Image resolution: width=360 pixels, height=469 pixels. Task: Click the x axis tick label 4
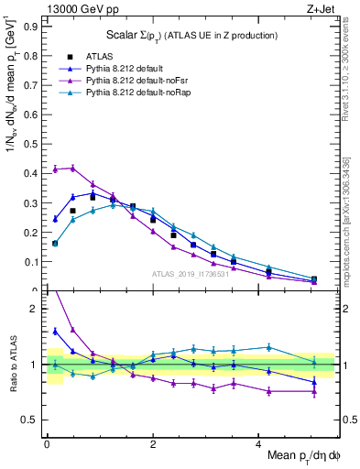[x=259, y=443]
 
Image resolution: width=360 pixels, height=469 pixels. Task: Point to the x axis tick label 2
[x=153, y=443]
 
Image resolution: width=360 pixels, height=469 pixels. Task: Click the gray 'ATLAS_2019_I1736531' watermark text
[x=191, y=274]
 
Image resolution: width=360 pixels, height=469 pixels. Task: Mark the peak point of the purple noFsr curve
[x=72, y=168]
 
